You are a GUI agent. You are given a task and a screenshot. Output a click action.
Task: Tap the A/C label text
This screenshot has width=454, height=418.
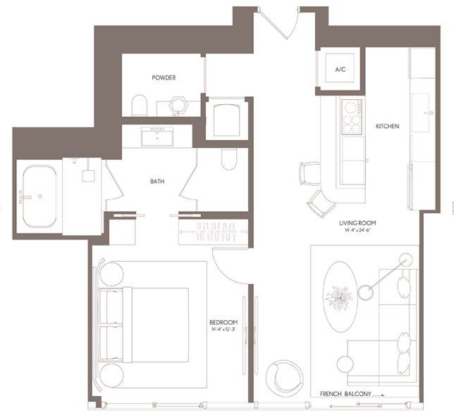[x=340, y=69]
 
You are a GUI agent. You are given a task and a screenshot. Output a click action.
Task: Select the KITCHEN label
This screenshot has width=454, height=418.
[x=387, y=126]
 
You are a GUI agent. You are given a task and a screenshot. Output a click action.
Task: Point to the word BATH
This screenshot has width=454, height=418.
[x=158, y=181]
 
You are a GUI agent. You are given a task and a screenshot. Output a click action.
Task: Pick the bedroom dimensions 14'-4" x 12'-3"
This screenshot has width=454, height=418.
[x=223, y=329]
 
